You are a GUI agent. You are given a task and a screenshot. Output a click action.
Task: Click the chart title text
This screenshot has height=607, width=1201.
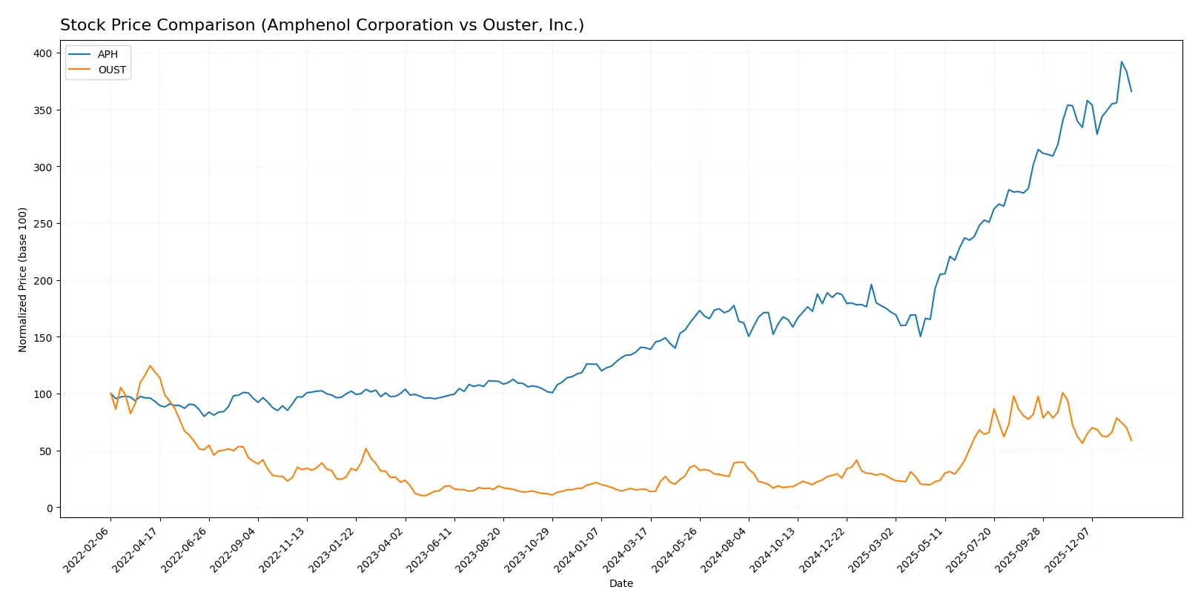point(322,25)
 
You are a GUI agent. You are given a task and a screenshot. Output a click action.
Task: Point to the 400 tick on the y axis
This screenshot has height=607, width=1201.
point(42,53)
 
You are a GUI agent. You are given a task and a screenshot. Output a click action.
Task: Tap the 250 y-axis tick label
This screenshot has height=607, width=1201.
point(42,224)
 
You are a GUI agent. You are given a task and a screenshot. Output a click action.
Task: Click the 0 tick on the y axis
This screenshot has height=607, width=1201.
point(50,508)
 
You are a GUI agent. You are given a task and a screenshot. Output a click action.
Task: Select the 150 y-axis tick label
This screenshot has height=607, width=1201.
point(42,337)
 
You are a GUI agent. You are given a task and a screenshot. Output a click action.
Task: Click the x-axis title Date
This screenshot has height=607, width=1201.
point(621,583)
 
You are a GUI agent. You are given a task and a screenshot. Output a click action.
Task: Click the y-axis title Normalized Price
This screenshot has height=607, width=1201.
point(22,279)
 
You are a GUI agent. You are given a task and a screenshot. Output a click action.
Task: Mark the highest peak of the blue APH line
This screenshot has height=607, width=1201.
point(1121,62)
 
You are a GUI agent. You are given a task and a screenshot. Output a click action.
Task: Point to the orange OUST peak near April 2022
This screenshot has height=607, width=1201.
point(150,365)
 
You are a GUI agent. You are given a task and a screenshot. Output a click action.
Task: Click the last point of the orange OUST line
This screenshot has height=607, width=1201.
point(1131,441)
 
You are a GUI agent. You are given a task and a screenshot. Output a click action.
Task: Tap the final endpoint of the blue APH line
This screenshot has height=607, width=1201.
point(1131,91)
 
